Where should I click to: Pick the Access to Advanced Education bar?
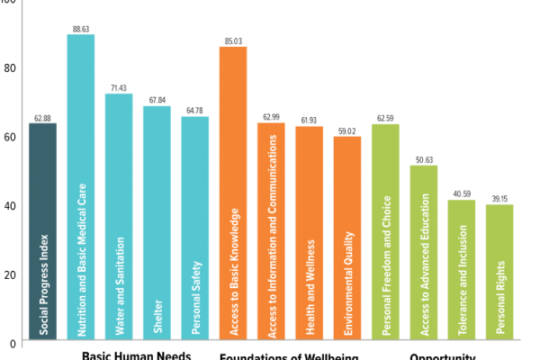pyautogui.click(x=423, y=252)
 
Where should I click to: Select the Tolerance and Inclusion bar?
pyautogui.click(x=462, y=270)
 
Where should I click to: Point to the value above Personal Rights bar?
pyautogui.click(x=499, y=199)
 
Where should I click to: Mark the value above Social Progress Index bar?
pyautogui.click(x=42, y=118)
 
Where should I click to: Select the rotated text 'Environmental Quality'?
pyautogui.click(x=347, y=283)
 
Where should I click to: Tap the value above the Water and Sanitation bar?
pyautogui.click(x=119, y=88)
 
